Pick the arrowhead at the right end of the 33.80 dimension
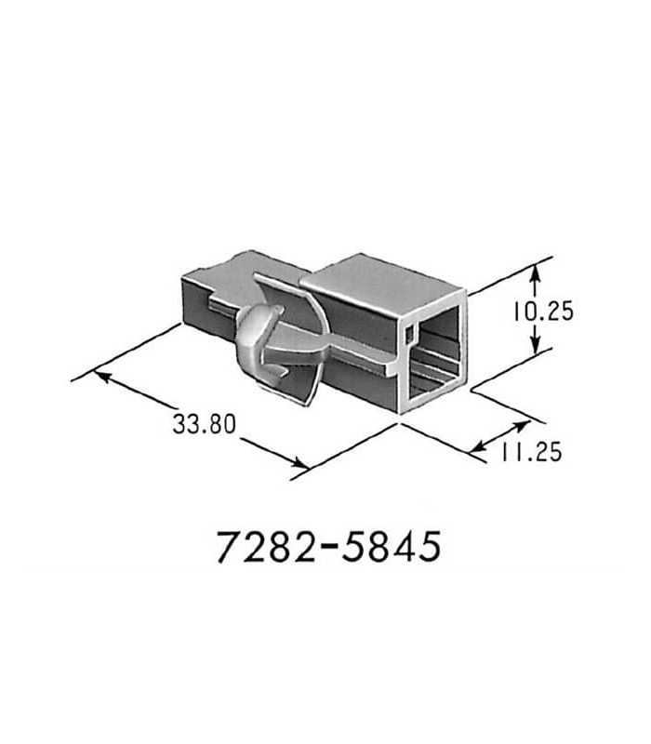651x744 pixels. click(299, 463)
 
